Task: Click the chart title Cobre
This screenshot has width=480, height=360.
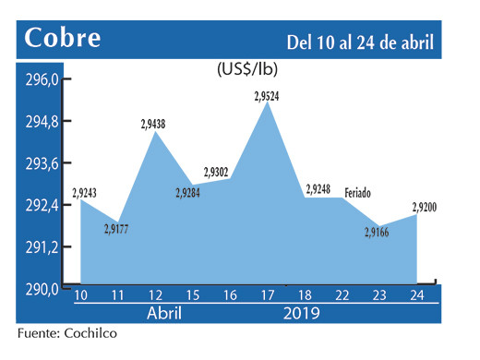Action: coord(64,39)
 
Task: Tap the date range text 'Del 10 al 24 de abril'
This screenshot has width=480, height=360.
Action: coord(360,41)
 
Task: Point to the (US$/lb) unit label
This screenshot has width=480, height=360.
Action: coord(247,69)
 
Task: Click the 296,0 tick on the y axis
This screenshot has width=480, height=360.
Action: coord(42,79)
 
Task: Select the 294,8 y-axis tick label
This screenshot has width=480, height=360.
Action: coord(42,122)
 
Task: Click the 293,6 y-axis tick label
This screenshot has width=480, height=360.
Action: coord(42,163)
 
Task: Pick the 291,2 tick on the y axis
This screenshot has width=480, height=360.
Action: coord(42,247)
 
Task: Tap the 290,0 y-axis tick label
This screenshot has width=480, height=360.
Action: coord(42,289)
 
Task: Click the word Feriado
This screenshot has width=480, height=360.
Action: coord(360,193)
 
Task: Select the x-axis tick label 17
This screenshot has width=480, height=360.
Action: coord(268,296)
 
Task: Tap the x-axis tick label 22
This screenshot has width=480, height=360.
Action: coord(342,296)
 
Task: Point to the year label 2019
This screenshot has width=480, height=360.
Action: coord(302,315)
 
